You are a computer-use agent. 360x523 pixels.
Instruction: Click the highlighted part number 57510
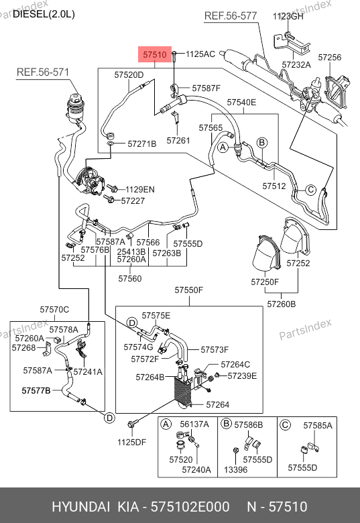coord(155,54)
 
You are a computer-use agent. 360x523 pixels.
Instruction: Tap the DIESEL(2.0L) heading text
coord(44,14)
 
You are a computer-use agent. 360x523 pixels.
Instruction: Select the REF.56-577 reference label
coord(231,15)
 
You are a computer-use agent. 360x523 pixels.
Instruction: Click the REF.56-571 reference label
coord(43,72)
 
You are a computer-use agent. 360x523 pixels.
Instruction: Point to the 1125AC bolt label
coord(200,54)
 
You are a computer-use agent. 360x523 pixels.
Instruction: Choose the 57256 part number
coord(330,58)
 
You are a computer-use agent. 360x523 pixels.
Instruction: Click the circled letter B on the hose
coord(262,143)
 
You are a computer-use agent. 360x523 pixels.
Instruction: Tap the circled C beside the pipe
coord(310,190)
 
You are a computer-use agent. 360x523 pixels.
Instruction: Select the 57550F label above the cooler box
coord(188,290)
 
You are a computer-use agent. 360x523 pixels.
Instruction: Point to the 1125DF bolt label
coord(131,443)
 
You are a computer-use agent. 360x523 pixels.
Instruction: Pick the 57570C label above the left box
coord(54,310)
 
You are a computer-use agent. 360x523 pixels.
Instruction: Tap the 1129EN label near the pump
coord(140,190)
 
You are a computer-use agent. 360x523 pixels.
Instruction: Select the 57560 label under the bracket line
coord(130,278)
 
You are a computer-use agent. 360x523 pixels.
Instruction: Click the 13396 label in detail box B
coord(236,469)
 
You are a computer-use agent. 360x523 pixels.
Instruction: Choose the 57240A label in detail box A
coord(196,469)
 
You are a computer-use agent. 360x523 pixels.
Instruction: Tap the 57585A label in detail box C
coord(318,426)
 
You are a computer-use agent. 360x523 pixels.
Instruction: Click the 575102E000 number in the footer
coord(190,507)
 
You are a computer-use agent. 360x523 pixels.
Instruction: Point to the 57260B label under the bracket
coord(282,304)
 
